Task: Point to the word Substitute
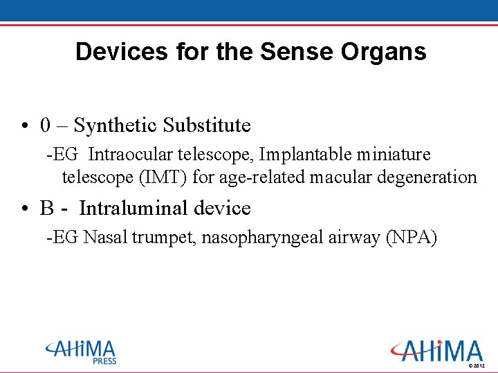point(207,125)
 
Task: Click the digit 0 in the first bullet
point(45,125)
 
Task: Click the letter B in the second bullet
point(47,208)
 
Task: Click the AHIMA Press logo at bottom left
point(81,351)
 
